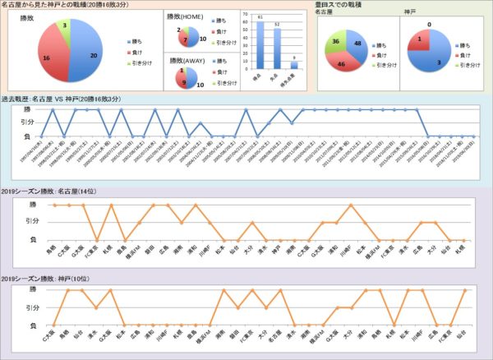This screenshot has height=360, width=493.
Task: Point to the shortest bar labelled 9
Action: [294, 64]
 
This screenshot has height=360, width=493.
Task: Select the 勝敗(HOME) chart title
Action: [187, 14]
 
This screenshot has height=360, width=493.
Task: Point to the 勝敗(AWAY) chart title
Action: [187, 58]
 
